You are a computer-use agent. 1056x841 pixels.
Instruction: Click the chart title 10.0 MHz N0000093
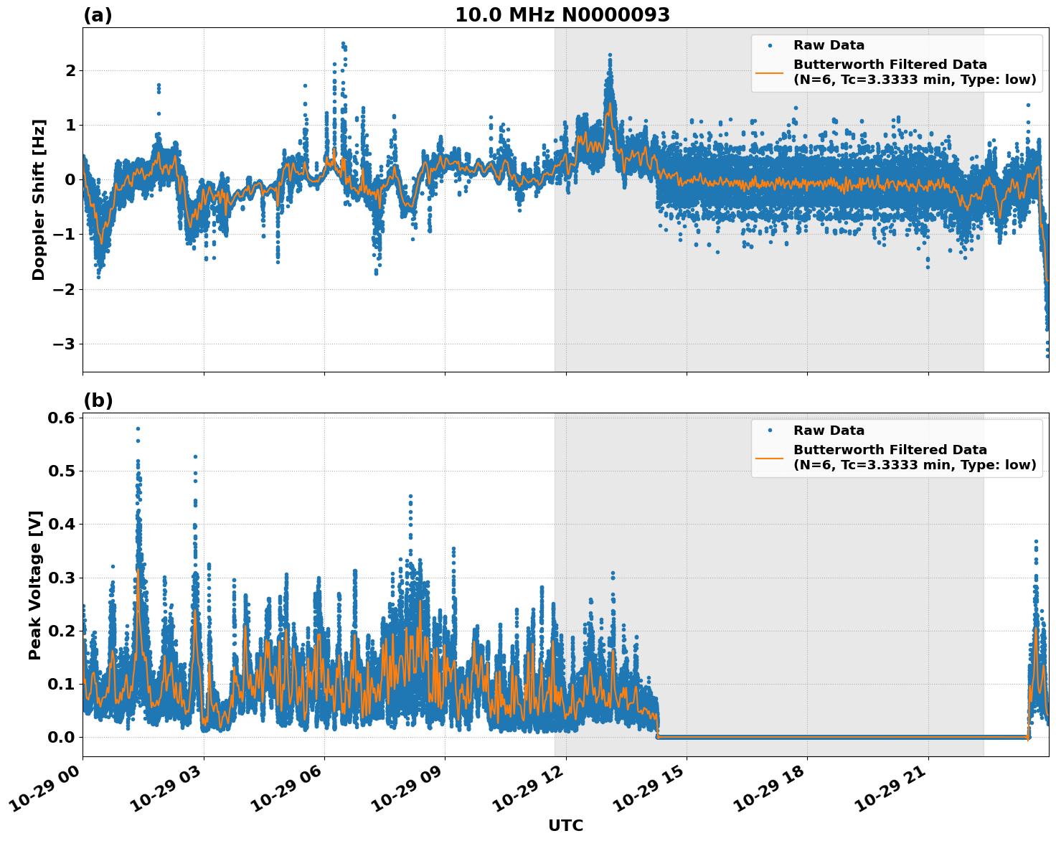[562, 15]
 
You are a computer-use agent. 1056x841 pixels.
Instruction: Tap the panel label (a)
[98, 15]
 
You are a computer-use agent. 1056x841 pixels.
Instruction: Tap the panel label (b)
[98, 400]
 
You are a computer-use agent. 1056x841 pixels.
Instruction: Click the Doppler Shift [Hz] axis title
[39, 199]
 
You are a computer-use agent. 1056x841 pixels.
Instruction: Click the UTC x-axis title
[565, 825]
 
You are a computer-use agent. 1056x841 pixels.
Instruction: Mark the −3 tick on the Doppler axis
[62, 344]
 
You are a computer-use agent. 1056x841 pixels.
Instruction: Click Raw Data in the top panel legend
[829, 45]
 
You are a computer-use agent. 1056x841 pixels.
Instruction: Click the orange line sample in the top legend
[770, 72]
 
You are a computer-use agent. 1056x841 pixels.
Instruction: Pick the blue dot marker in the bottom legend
[770, 431]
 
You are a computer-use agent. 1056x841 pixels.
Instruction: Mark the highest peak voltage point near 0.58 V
[138, 428]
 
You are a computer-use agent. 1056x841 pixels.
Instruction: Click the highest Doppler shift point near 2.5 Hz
[343, 44]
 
